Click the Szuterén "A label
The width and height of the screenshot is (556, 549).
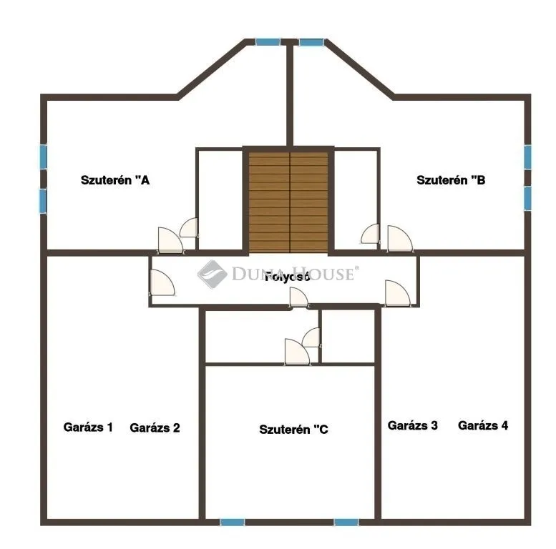pos(114,181)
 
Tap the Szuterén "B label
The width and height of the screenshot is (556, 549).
pos(451,181)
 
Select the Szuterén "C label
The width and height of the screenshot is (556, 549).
pos(293,430)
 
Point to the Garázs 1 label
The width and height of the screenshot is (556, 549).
pos(88,427)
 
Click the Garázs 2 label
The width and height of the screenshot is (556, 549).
pos(155,427)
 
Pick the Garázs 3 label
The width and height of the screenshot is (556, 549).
pos(413,425)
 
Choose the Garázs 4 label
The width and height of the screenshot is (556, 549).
pos(483,425)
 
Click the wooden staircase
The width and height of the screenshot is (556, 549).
pos(289,200)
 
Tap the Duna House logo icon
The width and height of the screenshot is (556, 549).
pos(212,273)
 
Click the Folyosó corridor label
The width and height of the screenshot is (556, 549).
pos(287,277)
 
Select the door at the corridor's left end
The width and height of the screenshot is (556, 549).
pos(162,284)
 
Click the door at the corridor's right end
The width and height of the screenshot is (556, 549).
pos(396,292)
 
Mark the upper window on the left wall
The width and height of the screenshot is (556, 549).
pos(44,156)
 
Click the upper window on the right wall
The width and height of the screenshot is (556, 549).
pos(527,157)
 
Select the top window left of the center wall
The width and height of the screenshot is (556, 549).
pos(268,42)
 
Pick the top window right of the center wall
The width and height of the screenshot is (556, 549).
pos(312,42)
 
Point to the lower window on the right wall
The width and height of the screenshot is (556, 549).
pos(527,198)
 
